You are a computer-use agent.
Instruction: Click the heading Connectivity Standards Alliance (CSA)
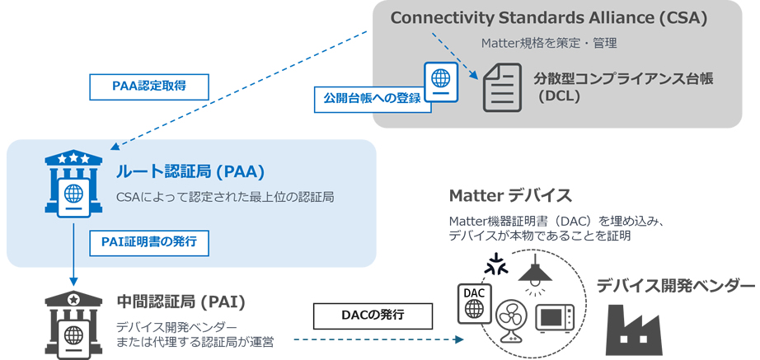(x=548, y=18)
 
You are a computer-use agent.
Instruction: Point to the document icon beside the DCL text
(x=502, y=87)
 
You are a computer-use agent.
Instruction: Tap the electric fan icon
(x=510, y=323)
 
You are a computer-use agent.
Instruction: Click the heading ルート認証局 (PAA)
(x=190, y=172)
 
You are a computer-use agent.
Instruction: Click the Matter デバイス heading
(x=510, y=196)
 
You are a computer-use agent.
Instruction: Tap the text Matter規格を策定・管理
(x=549, y=43)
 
